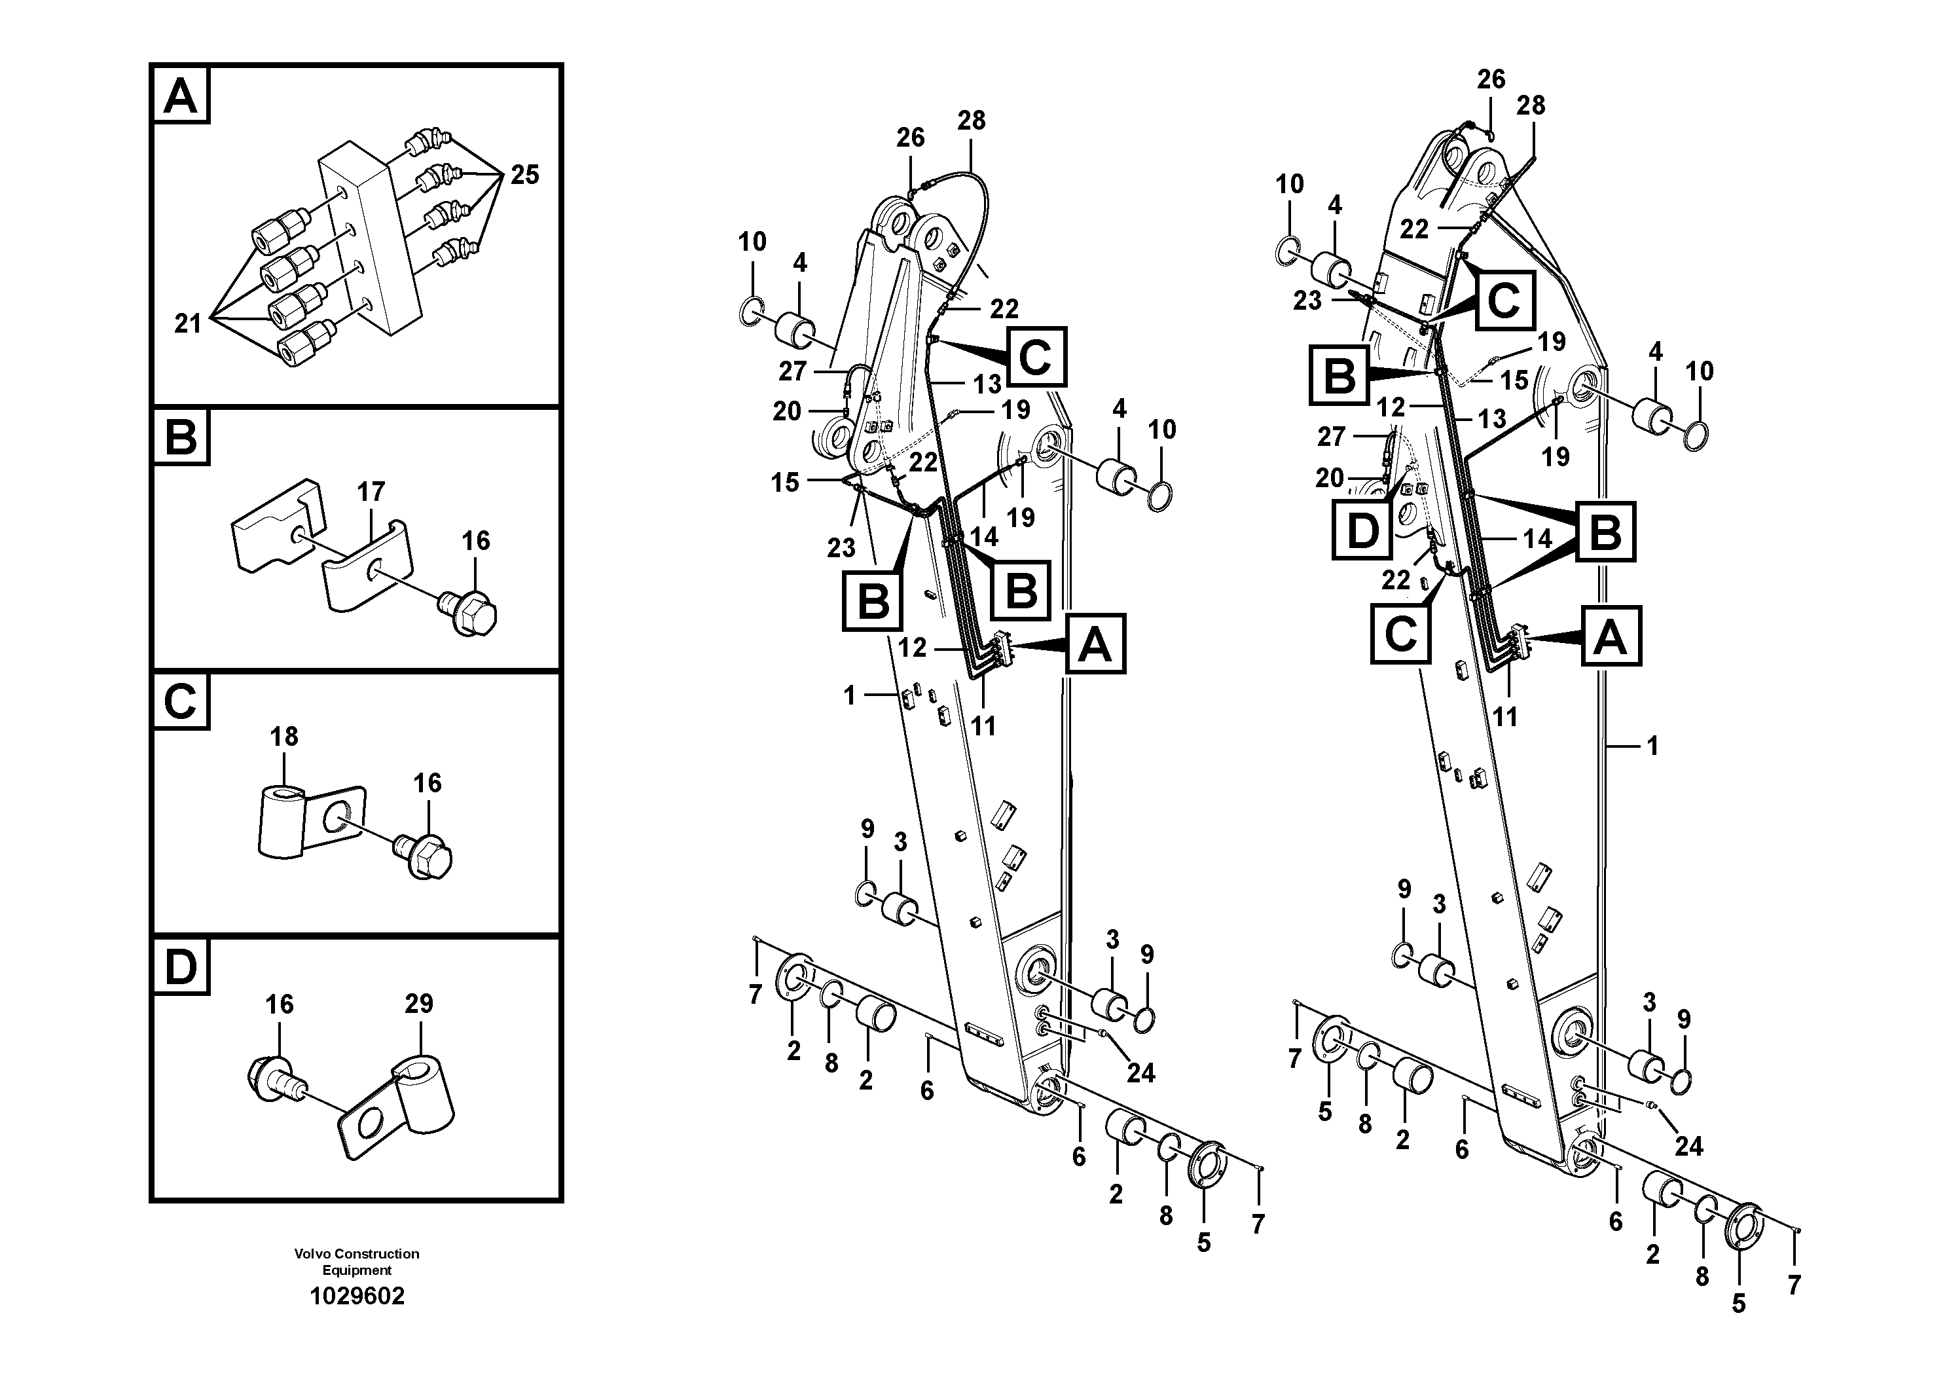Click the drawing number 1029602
(x=357, y=1297)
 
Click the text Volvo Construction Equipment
(x=357, y=1262)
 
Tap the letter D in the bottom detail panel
(x=180, y=967)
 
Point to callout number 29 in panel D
(x=418, y=1004)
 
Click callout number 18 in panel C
(x=283, y=736)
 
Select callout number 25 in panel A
(x=524, y=175)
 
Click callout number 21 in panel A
(x=188, y=323)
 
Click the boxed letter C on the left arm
(x=1036, y=357)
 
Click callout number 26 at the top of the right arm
(x=1491, y=79)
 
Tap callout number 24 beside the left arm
(x=1140, y=1073)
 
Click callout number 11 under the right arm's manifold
(x=1504, y=718)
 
